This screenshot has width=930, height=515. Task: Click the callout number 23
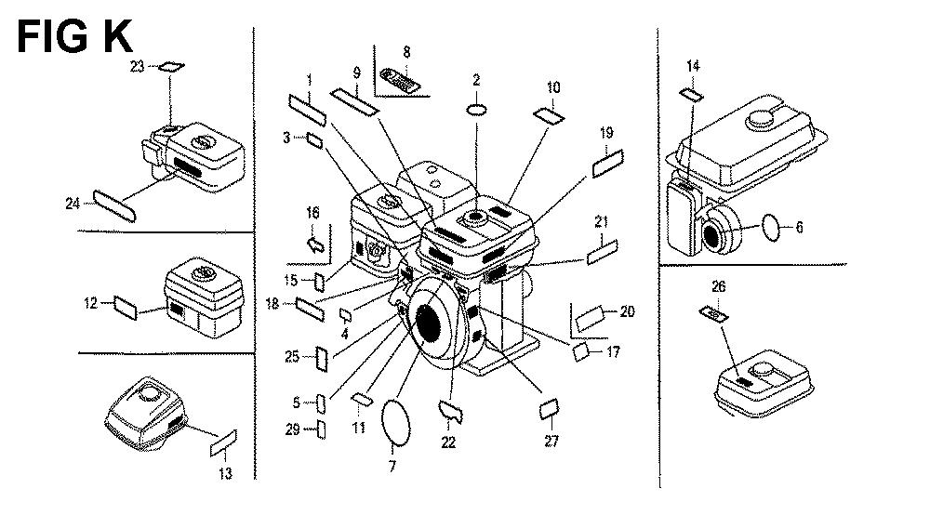138,67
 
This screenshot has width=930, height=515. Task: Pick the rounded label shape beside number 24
116,205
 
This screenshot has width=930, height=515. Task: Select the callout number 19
606,133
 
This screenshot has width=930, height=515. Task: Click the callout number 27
551,442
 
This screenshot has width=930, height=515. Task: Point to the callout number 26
717,285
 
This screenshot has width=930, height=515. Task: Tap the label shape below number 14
691,94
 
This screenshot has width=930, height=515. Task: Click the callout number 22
448,442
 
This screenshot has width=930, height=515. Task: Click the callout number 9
356,73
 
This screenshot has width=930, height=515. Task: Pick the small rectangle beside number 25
322,358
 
